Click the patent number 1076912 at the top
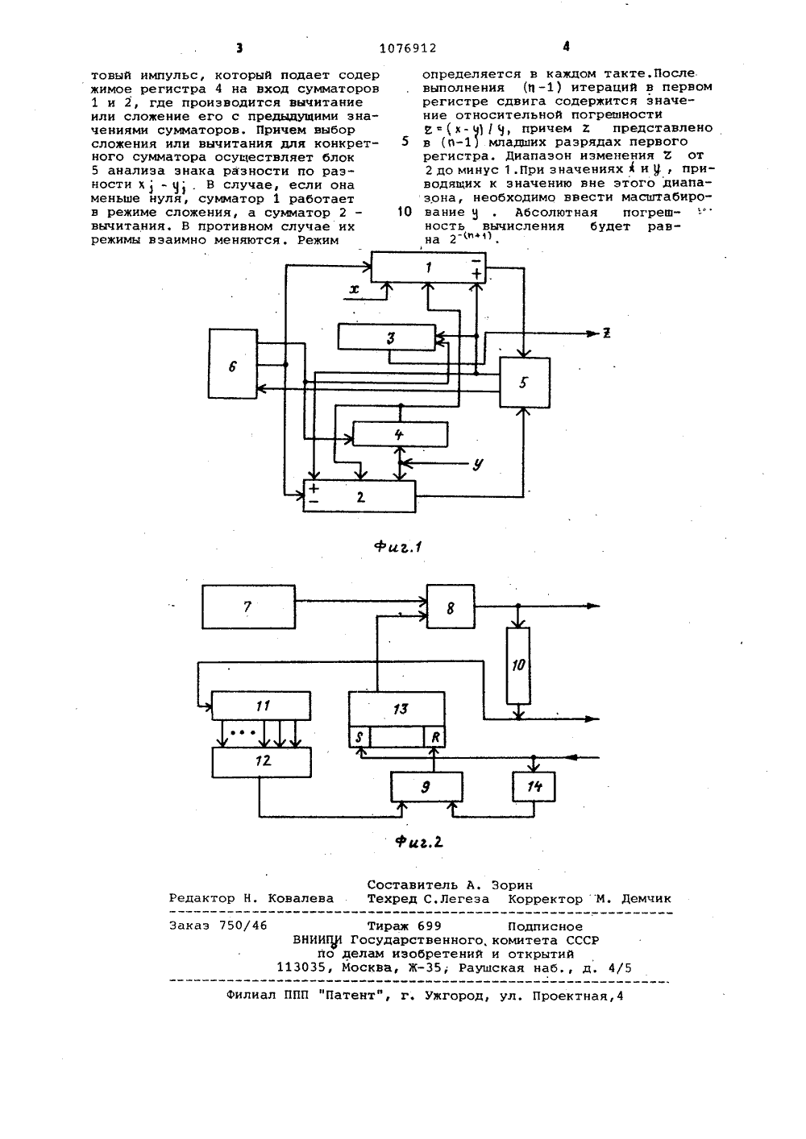pyautogui.click(x=408, y=48)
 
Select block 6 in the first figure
pyautogui.click(x=233, y=363)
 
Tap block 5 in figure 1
pyautogui.click(x=525, y=383)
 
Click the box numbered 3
pyautogui.click(x=387, y=338)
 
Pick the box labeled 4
pyautogui.click(x=401, y=434)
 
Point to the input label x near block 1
pyautogui.click(x=354, y=289)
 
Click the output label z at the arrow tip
pyautogui.click(x=606, y=333)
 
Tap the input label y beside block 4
pyautogui.click(x=477, y=464)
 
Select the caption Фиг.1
pyautogui.click(x=398, y=547)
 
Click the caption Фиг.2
pyautogui.click(x=419, y=842)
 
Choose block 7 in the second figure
pyautogui.click(x=248, y=607)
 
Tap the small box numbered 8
pyautogui.click(x=451, y=607)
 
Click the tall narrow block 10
pyautogui.click(x=518, y=665)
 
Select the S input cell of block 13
pyautogui.click(x=359, y=737)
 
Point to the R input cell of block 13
pyautogui.click(x=434, y=737)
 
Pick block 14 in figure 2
pyautogui.click(x=534, y=787)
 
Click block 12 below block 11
pyautogui.click(x=261, y=762)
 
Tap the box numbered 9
pyautogui.click(x=426, y=787)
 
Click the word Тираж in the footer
pyautogui.click(x=390, y=926)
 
